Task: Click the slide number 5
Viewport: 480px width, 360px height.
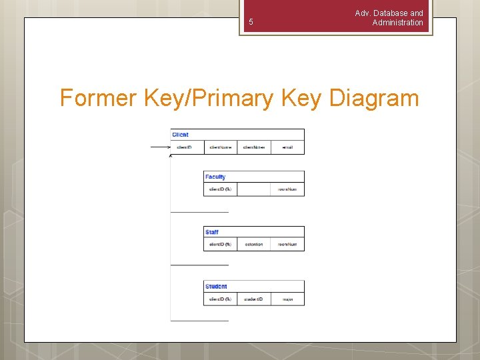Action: [x=251, y=22]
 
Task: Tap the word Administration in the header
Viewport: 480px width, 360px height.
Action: [x=397, y=23]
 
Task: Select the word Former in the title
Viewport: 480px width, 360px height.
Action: [x=99, y=98]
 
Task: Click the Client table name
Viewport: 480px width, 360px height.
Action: [x=181, y=135]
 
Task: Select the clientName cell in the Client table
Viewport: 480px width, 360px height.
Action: [x=221, y=147]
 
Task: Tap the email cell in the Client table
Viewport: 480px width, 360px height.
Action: [x=287, y=147]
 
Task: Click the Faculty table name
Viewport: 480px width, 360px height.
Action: [x=215, y=177]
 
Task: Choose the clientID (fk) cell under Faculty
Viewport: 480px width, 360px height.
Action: [x=220, y=189]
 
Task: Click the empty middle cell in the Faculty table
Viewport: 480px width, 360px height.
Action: [x=253, y=189]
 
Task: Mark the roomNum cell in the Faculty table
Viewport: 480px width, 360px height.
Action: [x=287, y=189]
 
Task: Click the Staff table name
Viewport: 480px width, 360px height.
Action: [x=212, y=232]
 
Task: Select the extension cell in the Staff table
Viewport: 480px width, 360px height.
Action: [x=253, y=245]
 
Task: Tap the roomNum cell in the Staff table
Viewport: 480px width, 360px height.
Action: [x=287, y=245]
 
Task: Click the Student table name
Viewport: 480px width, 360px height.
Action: [x=216, y=287]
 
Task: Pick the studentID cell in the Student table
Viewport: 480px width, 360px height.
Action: [x=253, y=299]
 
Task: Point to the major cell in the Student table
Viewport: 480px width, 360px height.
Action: [x=287, y=299]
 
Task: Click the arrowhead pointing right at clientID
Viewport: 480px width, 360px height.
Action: [x=169, y=147]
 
